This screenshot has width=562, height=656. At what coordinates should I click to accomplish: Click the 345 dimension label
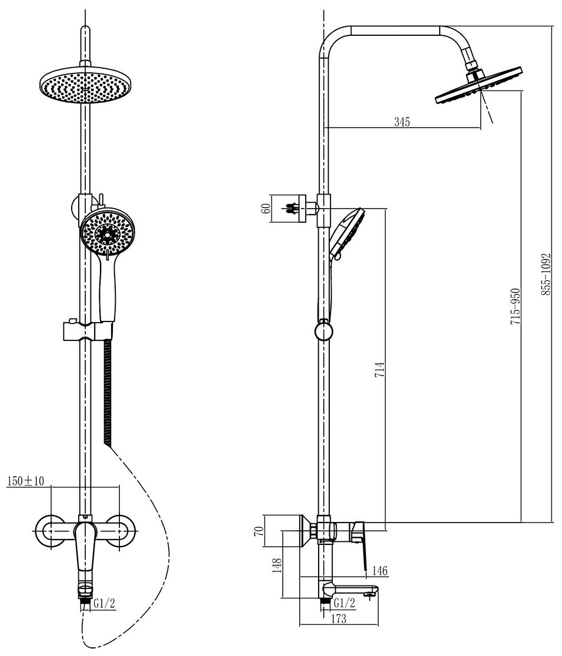pos(402,122)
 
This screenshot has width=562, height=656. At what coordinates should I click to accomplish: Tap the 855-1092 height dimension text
pos(546,274)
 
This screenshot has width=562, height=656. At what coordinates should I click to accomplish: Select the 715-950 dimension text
pos(514,308)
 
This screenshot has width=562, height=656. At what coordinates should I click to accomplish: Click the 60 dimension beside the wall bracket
pos(265,208)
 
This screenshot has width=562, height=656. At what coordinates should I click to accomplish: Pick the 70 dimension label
pos(257,532)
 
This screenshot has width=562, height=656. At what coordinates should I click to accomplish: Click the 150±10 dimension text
pos(25,481)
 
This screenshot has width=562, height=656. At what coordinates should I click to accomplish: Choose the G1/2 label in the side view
pos(344,603)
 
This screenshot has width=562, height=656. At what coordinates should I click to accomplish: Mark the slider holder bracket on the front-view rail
pos(85,330)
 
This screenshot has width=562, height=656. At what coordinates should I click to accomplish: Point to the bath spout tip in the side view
pos(369,595)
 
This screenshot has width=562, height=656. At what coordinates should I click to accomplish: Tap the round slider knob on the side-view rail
pos(323,330)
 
